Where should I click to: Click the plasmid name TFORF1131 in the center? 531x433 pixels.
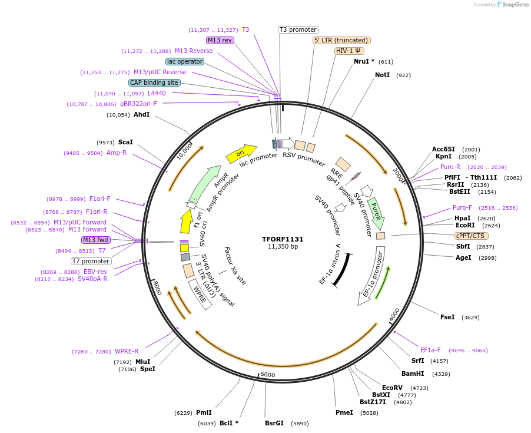[283, 239]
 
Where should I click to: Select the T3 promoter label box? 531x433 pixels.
[298, 29]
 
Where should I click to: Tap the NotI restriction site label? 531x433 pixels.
[382, 75]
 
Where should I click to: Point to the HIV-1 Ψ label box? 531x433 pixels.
[349, 51]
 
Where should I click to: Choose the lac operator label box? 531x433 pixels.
[185, 61]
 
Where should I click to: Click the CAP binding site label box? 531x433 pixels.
[154, 83]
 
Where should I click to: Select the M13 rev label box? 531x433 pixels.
[220, 40]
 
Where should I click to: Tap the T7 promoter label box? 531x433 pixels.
[91, 261]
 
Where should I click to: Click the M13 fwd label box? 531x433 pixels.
[96, 240]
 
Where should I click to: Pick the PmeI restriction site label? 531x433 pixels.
[344, 412]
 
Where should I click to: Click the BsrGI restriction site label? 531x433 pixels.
[274, 423]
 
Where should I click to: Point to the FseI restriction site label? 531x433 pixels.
[447, 317]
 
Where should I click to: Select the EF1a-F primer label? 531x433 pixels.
[430, 350]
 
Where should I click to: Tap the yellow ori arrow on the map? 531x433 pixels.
[241, 154]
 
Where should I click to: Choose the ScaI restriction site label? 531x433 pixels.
[125, 142]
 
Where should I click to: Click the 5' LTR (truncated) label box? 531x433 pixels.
[341, 40]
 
